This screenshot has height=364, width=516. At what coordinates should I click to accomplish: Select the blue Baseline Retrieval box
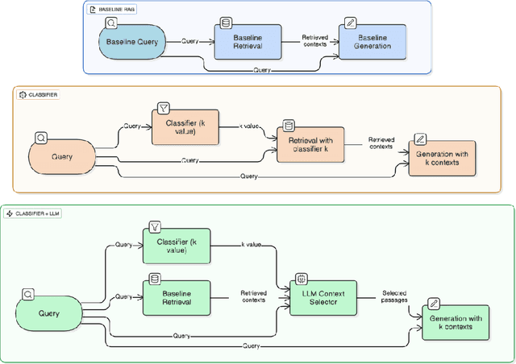[x=248, y=41]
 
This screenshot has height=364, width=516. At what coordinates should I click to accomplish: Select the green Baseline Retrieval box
[x=177, y=296]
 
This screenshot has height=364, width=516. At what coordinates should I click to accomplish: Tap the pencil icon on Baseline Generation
[x=350, y=24]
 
